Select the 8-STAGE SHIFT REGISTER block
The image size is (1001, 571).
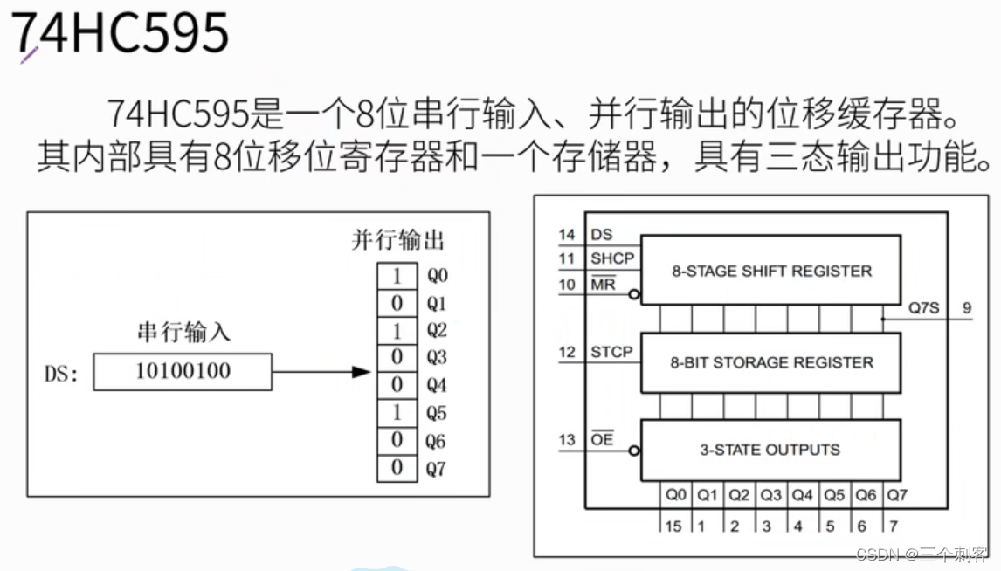(770, 271)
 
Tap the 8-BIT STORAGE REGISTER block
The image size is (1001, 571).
(770, 362)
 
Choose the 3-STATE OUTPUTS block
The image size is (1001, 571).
(770, 450)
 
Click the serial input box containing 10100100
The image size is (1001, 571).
(183, 371)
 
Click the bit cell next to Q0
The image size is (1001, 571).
(397, 276)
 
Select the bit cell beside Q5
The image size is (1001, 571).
(397, 413)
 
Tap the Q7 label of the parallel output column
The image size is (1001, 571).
(436, 469)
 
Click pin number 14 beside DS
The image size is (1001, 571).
(567, 234)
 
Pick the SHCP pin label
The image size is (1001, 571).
(611, 258)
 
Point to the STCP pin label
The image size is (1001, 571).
(611, 352)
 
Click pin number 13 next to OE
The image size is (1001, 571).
(567, 439)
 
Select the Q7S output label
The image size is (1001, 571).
(922, 307)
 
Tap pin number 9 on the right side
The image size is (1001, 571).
(966, 307)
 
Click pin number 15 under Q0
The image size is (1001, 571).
(673, 526)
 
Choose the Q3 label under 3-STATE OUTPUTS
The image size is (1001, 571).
(770, 495)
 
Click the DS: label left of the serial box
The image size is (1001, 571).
(62, 374)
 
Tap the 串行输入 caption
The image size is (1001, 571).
(183, 332)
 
